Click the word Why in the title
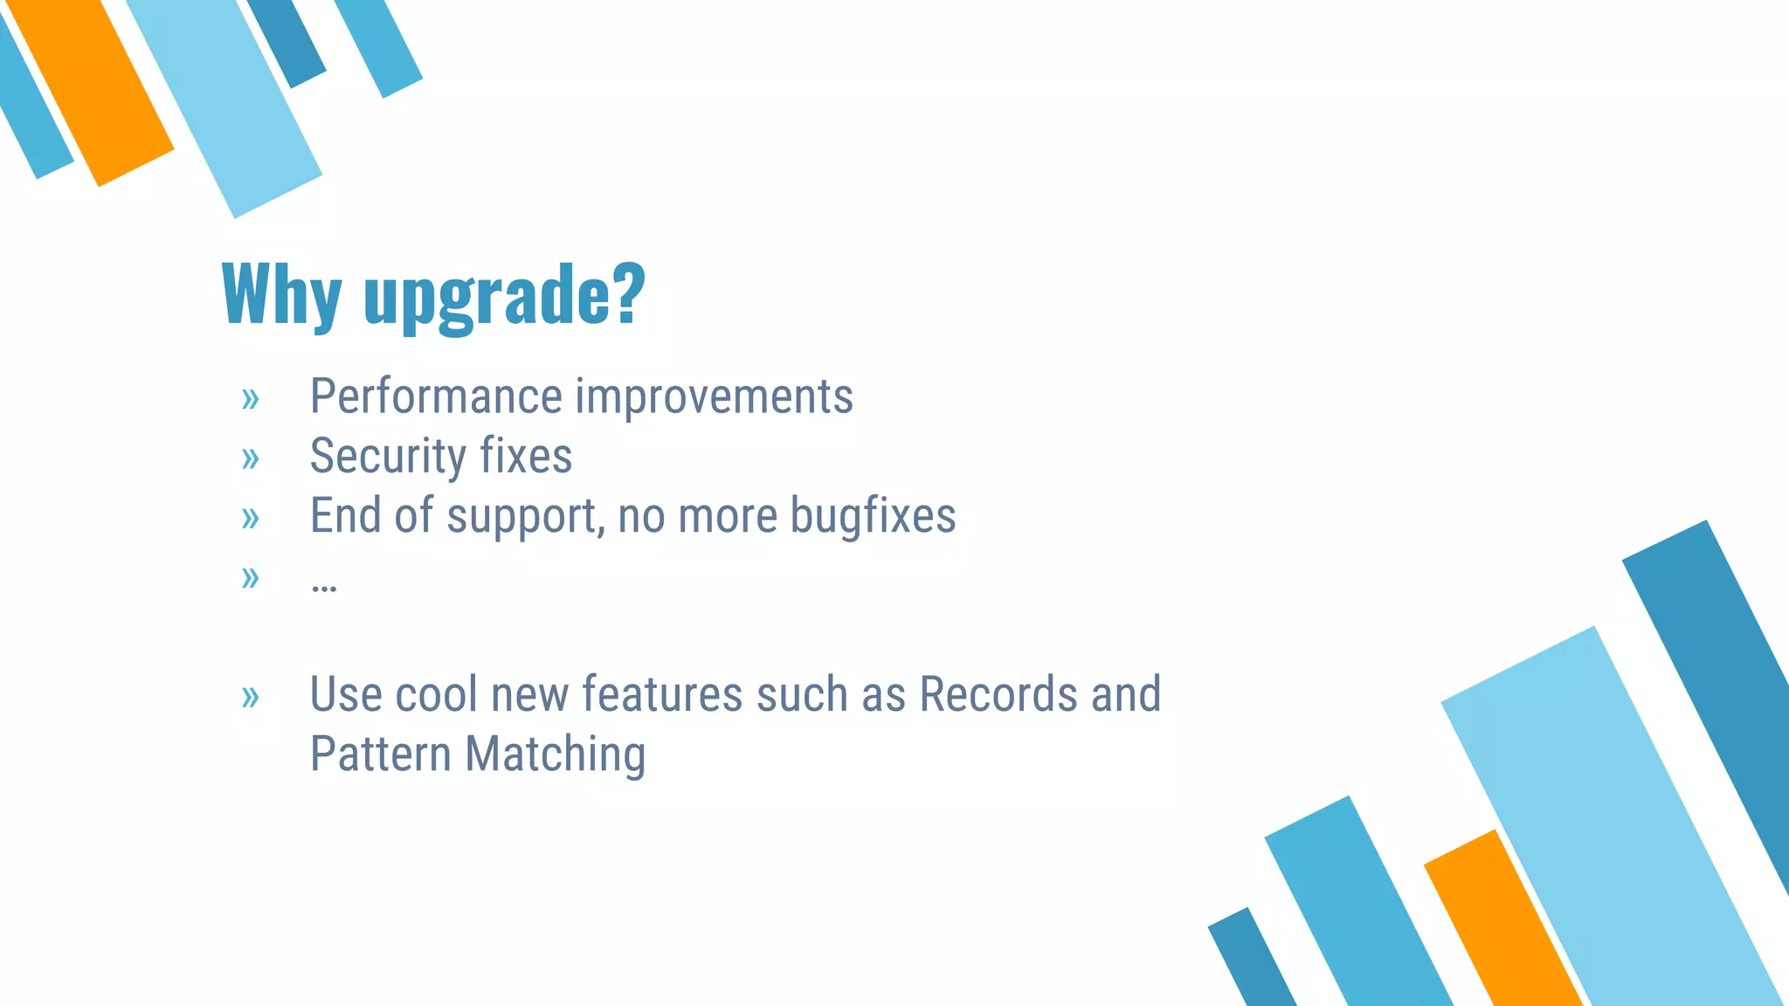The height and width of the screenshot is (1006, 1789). [x=281, y=295]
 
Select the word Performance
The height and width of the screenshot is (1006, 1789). [x=436, y=397]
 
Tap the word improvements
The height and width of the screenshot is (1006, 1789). [x=714, y=397]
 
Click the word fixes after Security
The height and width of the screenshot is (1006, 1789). [x=526, y=457]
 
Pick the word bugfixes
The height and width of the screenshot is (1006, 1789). [x=873, y=516]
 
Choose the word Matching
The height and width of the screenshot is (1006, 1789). [x=556, y=754]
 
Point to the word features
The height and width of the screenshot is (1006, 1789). [x=663, y=695]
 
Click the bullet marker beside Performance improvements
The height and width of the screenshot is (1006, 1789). [x=251, y=400]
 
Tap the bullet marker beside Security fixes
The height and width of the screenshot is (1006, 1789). [x=251, y=458]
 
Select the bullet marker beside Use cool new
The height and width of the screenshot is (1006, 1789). [x=251, y=698]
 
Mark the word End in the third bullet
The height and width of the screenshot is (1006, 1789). [x=346, y=516]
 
